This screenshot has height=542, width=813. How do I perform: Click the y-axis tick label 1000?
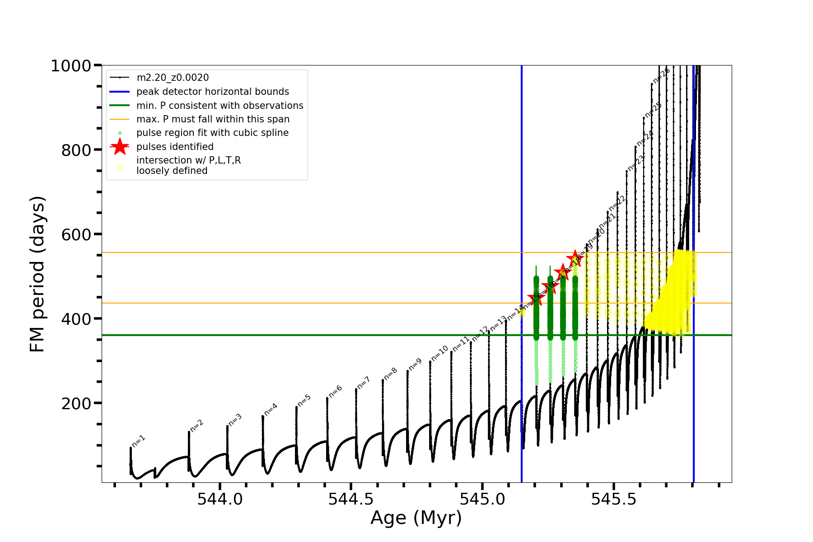click(71, 66)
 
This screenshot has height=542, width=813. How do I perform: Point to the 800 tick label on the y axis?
click(76, 150)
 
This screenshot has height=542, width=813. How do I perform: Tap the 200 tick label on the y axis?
click(76, 403)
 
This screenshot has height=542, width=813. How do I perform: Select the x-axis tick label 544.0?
click(220, 499)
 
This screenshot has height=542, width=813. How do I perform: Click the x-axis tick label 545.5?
click(613, 499)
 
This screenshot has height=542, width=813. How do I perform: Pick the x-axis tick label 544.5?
click(351, 499)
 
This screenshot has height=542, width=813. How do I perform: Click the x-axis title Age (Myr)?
click(416, 518)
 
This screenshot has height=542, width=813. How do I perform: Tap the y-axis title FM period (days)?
click(38, 274)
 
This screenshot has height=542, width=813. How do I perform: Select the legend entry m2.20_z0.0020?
click(173, 78)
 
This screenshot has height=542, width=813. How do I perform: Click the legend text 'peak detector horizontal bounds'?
click(212, 92)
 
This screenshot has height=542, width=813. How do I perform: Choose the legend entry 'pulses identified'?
click(175, 147)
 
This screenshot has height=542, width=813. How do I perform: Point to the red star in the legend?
click(120, 147)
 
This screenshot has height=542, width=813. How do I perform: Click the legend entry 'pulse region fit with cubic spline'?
click(212, 133)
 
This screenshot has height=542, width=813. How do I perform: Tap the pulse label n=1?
click(138, 441)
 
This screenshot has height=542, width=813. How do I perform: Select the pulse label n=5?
click(304, 401)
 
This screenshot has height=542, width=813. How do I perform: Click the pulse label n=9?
click(415, 364)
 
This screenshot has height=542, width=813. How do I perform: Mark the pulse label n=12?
click(480, 334)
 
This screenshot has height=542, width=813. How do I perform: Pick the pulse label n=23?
click(635, 163)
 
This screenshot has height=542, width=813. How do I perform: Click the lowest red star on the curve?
click(536, 298)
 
